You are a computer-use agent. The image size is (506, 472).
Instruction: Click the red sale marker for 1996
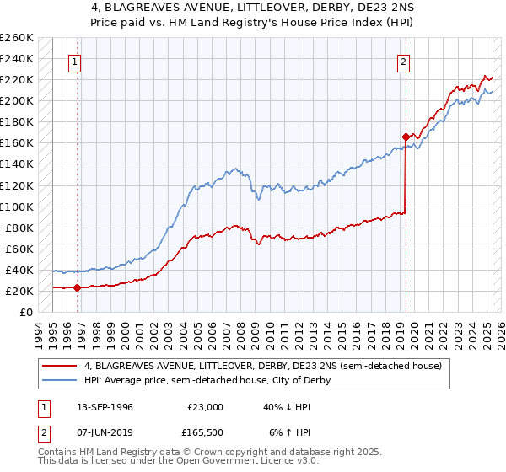pos(77,287)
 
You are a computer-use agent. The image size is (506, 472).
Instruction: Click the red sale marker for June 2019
pos(406,137)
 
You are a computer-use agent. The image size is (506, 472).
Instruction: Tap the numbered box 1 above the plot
pos(76,61)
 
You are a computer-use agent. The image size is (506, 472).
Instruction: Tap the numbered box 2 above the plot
pos(404,61)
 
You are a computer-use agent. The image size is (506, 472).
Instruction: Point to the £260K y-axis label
pos(16,38)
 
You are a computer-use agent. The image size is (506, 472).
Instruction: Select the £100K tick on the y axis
pos(16,206)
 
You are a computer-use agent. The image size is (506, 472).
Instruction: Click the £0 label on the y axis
pos(25,312)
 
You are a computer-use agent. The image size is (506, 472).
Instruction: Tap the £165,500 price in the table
pos(206,432)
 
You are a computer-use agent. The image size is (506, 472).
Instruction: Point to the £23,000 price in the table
pos(205,406)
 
